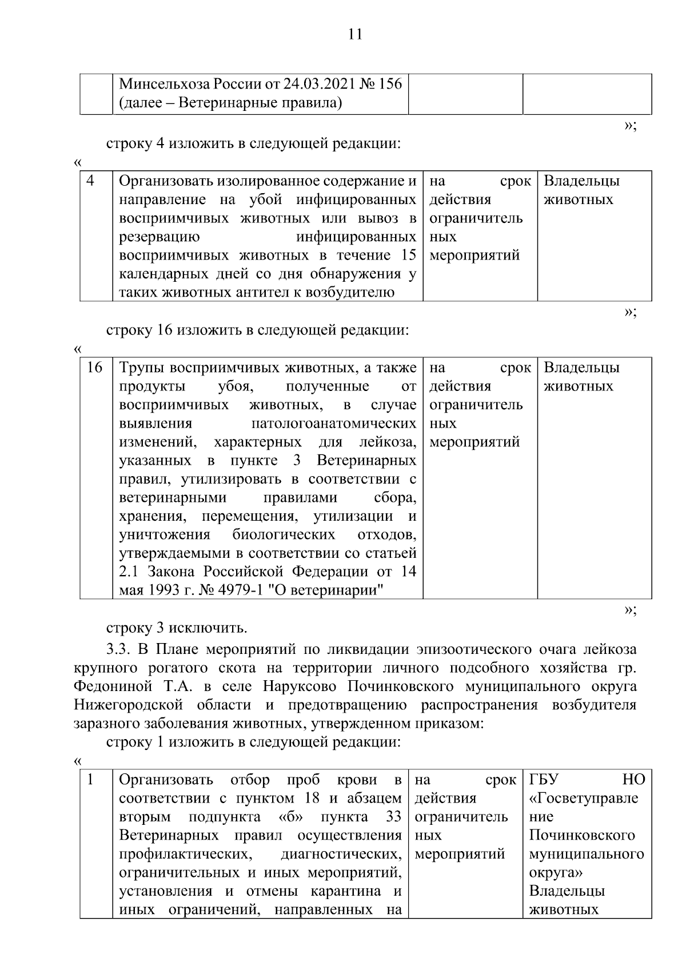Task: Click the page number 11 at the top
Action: point(355,34)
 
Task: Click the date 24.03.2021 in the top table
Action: point(318,85)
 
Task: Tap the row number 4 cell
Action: point(91,181)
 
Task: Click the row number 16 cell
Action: point(94,368)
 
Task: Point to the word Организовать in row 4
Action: point(165,181)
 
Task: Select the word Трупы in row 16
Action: point(141,368)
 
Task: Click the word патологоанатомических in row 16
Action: point(333,424)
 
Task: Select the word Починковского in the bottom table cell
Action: point(582,835)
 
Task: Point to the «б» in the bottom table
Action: point(291,817)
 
